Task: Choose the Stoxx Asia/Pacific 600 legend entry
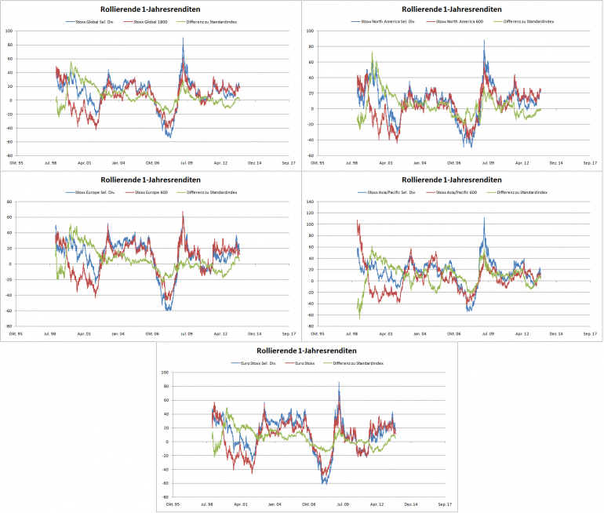pos(455,192)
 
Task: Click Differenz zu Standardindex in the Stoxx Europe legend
pos(209,192)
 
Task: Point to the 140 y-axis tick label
pos(310,202)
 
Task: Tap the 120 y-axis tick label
pos(310,213)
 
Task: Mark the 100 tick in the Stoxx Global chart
pos(9,31)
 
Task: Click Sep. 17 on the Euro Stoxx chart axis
pos(444,504)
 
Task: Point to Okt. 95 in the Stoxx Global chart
pos(13,163)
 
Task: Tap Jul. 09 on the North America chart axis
pos(488,163)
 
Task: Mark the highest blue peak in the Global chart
pos(183,38)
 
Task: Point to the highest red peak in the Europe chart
pos(184,211)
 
